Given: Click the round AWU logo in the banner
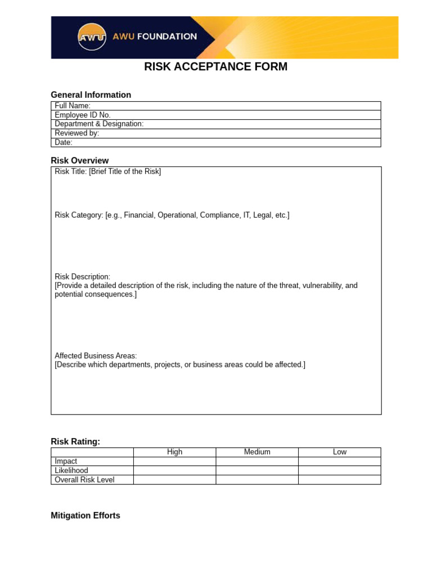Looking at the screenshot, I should tap(92, 37).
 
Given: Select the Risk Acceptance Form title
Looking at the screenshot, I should tap(215, 67).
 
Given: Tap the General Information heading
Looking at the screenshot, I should tap(91, 95).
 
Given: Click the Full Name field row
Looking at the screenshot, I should tap(216, 106).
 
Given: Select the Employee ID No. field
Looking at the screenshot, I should tap(216, 115).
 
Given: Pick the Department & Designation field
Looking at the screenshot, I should tap(216, 124).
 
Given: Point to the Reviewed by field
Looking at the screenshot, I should tap(216, 133).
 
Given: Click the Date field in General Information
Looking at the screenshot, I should tap(216, 142).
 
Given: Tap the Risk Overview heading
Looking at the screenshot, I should tap(79, 161).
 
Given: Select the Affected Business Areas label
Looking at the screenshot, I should tap(96, 356).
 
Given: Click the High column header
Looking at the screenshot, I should tap(174, 452).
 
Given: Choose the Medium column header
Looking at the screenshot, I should tap(257, 452).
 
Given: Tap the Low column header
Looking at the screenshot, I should tap(340, 452).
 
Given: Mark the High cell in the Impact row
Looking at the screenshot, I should tap(174, 461).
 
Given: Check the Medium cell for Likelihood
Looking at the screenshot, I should tap(257, 470).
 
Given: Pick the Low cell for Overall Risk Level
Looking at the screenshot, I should tap(340, 480).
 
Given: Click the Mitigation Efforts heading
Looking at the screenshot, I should tap(85, 516).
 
